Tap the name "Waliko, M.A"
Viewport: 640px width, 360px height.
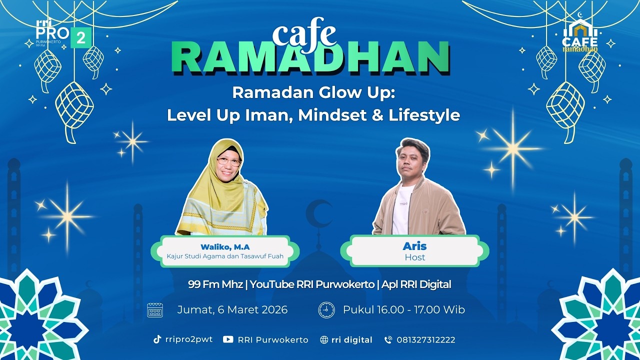[225, 247]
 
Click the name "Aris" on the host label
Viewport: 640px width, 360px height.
[414, 246]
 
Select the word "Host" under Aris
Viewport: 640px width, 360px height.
[414, 257]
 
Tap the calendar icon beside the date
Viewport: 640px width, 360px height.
[155, 310]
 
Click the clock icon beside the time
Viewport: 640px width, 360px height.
[326, 310]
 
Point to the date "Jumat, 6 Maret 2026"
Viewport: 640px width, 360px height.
[232, 310]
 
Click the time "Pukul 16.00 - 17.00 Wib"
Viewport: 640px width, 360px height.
[403, 310]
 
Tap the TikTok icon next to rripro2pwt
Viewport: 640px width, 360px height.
[157, 339]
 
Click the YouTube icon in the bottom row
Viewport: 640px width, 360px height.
[228, 339]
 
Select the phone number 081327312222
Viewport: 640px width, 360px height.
[425, 340]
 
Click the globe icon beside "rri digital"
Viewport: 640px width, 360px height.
[324, 340]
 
